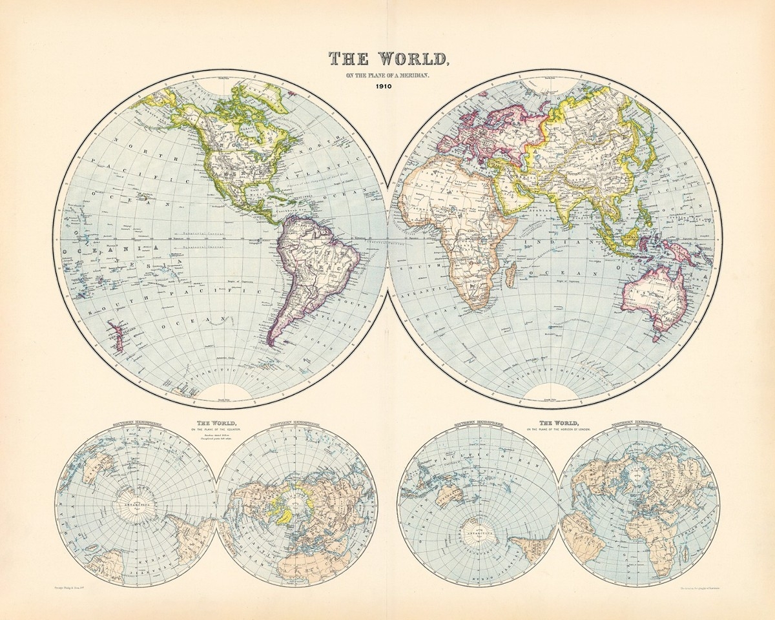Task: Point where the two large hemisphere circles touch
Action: (387, 243)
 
